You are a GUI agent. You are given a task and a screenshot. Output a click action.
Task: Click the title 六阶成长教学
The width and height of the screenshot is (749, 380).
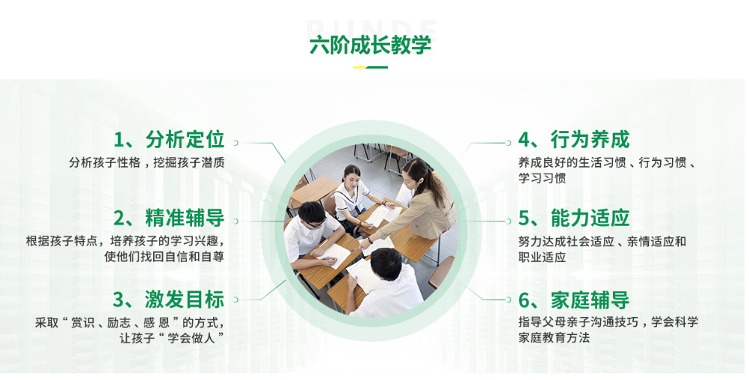[x=370, y=45]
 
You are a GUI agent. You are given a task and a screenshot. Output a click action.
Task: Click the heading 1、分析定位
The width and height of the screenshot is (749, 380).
[x=169, y=140]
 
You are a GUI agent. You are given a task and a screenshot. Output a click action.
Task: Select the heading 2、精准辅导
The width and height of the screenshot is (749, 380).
[x=169, y=218]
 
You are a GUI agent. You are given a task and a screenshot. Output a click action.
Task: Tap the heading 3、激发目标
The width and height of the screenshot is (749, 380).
[x=169, y=300]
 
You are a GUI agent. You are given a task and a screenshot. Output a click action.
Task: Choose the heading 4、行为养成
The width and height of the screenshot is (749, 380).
[x=574, y=140]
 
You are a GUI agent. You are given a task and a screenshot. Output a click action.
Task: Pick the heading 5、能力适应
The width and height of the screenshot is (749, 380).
[x=574, y=218]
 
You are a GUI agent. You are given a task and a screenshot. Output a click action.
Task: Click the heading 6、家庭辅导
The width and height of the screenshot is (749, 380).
[x=574, y=300]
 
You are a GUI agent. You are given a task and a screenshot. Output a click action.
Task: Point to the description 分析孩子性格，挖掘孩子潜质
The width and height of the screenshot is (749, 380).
[x=147, y=162]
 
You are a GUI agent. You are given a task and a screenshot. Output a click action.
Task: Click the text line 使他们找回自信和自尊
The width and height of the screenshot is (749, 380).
[x=164, y=257]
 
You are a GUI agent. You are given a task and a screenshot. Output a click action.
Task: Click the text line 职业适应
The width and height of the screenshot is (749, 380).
[x=542, y=257]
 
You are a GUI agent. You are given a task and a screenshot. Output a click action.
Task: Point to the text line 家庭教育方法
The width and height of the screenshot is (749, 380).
[x=554, y=338]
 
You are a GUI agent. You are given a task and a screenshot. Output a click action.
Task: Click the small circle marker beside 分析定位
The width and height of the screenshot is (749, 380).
[x=238, y=141]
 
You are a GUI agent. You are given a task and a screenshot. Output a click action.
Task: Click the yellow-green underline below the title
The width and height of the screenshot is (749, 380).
[x=370, y=67]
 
